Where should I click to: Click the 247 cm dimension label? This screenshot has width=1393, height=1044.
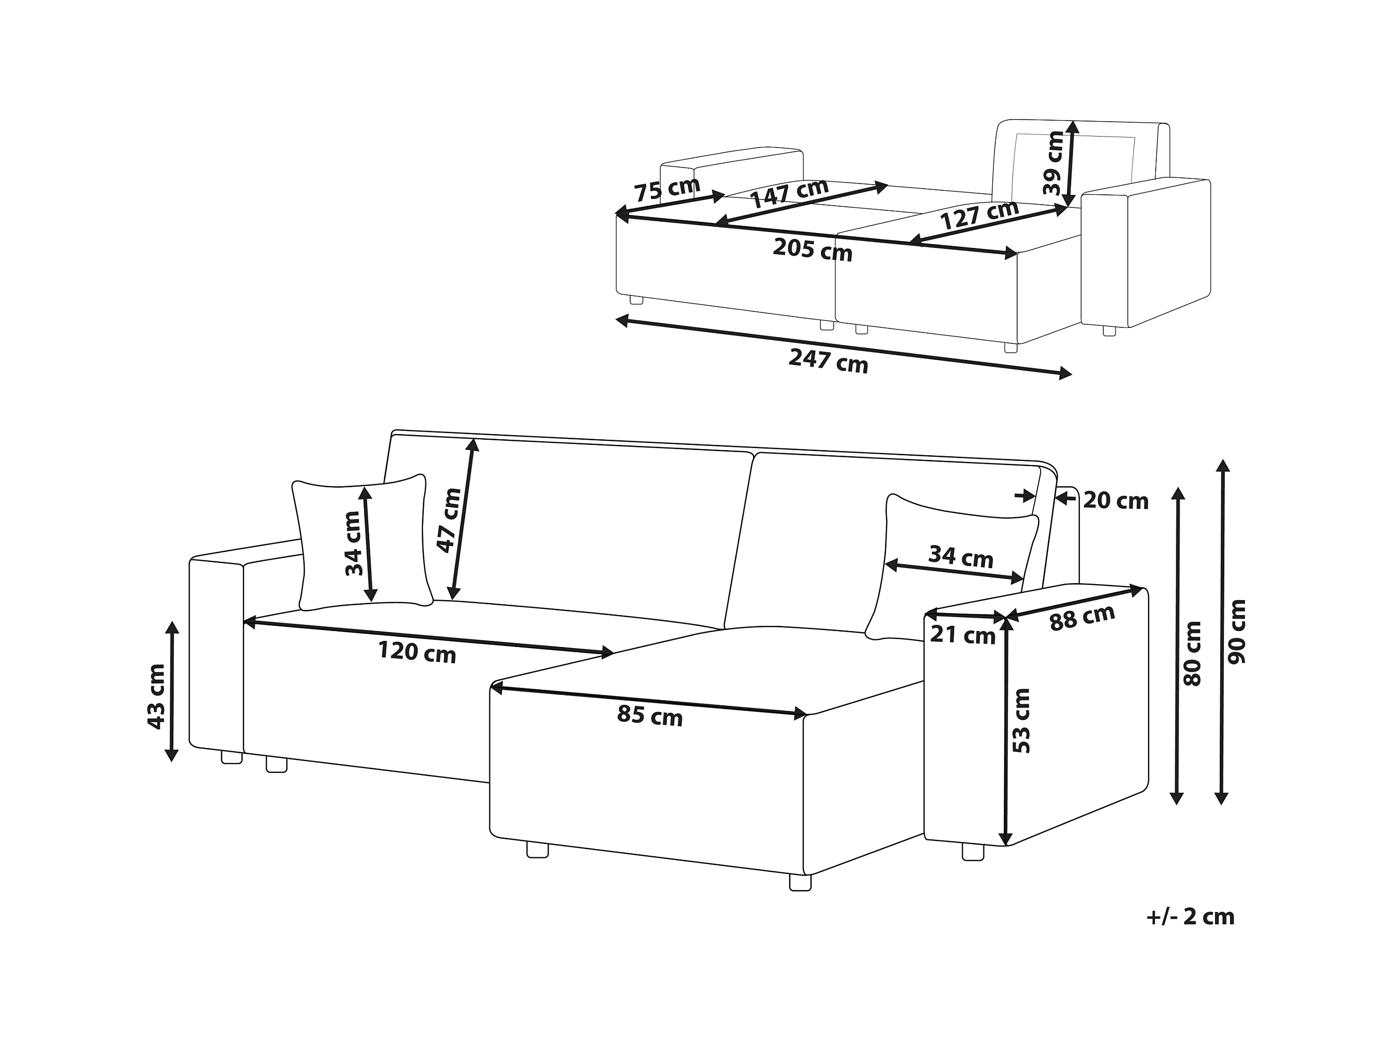pyautogui.click(x=828, y=361)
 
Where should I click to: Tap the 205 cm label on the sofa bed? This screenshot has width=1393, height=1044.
pyautogui.click(x=812, y=250)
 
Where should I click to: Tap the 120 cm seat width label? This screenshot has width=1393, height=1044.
pyautogui.click(x=416, y=651)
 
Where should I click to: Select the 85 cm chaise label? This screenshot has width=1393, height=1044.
pyautogui.click(x=649, y=715)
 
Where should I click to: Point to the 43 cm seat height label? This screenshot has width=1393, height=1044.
pyautogui.click(x=156, y=697)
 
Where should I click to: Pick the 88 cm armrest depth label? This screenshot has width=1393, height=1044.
pyautogui.click(x=1082, y=617)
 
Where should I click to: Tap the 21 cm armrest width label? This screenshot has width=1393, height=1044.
pyautogui.click(x=962, y=635)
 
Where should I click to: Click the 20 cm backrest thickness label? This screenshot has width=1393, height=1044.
pyautogui.click(x=1116, y=501)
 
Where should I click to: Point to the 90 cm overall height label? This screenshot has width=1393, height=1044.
pyautogui.click(x=1237, y=631)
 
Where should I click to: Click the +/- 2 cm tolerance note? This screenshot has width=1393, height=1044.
pyautogui.click(x=1190, y=916)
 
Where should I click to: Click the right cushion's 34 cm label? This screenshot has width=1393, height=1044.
pyautogui.click(x=960, y=557)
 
